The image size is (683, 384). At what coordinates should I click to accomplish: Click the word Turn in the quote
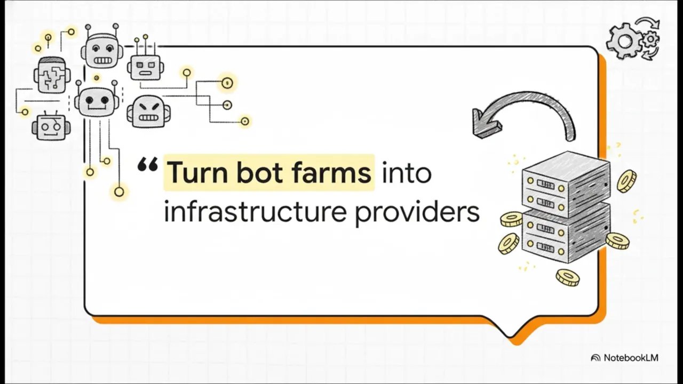click(197, 173)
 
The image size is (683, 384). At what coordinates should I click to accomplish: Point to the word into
click(407, 173)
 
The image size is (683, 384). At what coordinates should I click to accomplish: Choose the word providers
click(417, 212)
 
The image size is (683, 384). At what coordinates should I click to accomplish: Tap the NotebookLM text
click(631, 358)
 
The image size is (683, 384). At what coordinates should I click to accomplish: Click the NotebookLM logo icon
click(595, 358)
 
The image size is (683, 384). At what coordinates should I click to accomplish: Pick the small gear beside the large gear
click(650, 39)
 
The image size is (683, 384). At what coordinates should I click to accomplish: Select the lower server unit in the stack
click(566, 235)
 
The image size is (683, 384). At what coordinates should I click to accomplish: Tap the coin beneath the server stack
click(567, 277)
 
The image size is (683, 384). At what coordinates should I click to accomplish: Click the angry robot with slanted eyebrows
click(148, 111)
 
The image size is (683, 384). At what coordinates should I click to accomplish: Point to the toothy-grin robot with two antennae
click(102, 50)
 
